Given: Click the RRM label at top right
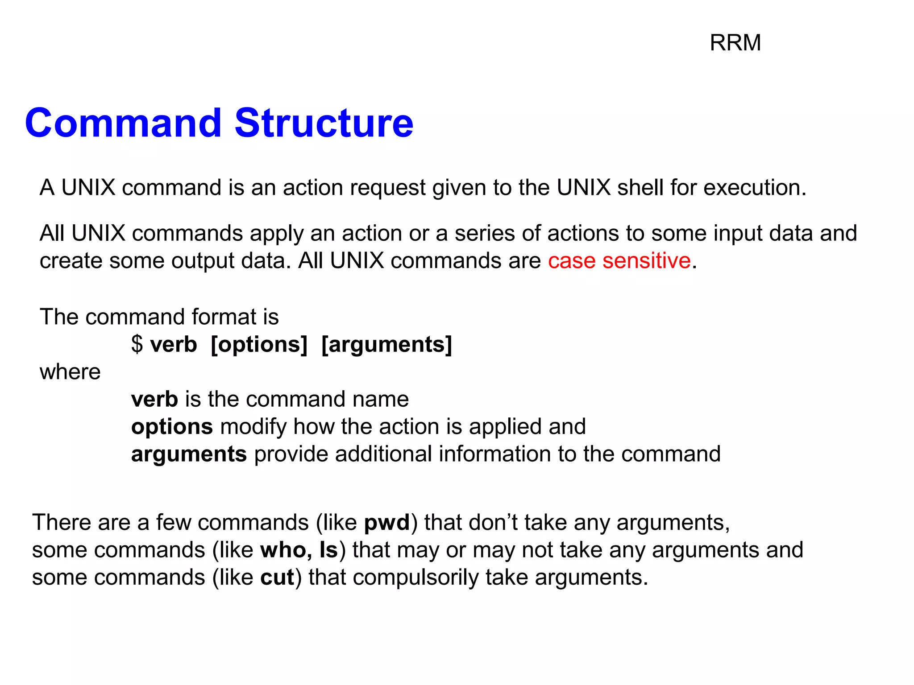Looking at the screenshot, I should point(735,43).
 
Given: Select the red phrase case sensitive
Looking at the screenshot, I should point(619,260).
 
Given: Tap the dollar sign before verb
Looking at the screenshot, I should point(137,344).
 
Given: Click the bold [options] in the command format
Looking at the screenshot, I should point(259,345).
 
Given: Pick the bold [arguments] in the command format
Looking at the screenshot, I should point(386,345).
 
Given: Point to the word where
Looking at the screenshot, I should point(70,372).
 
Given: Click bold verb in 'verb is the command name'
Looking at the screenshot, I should point(154,399).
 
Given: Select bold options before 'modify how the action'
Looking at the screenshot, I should point(172,427).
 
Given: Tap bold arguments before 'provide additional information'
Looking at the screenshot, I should point(189,454).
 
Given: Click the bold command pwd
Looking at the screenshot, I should point(387,523).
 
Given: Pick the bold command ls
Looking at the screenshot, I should point(328,550).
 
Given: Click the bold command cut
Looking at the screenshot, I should point(277,578).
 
